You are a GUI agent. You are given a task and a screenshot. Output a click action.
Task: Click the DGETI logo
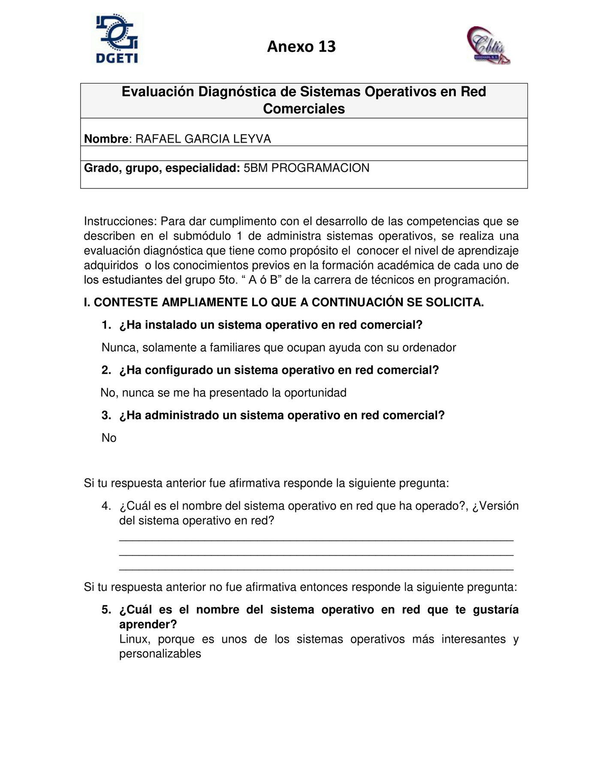(x=117, y=40)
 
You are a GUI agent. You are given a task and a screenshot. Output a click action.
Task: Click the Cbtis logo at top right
(x=488, y=45)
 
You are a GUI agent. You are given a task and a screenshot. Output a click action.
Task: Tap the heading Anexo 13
(x=301, y=46)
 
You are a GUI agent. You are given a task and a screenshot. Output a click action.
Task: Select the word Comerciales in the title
(x=304, y=109)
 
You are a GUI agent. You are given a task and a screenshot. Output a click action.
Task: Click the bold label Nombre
(x=106, y=139)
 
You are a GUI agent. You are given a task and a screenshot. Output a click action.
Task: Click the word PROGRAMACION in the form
(x=320, y=168)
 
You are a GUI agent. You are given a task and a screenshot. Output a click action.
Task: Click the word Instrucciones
(x=120, y=222)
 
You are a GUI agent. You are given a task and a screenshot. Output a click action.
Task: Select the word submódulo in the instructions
(x=202, y=236)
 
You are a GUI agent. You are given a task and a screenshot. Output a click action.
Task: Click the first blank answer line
(x=316, y=539)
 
